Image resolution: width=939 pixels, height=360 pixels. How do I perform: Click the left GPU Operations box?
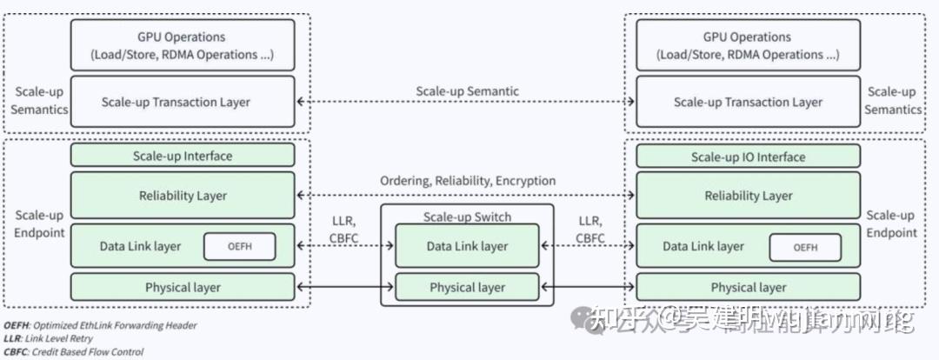[x=182, y=45]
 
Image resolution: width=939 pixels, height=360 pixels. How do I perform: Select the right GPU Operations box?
[x=748, y=45]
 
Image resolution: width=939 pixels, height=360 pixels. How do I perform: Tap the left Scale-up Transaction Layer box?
[x=182, y=102]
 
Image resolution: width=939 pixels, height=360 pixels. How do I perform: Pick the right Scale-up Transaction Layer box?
[x=748, y=102]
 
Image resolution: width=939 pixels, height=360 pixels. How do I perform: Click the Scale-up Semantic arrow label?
[x=467, y=90]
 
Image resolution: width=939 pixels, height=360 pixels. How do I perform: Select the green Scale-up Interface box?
[x=182, y=157]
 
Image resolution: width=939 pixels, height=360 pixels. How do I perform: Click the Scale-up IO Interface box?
[x=748, y=157]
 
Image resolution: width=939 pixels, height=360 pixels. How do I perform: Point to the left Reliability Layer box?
[x=182, y=196]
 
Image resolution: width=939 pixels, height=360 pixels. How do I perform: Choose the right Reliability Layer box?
[x=748, y=196]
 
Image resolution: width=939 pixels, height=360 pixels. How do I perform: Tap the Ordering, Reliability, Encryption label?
[x=467, y=181]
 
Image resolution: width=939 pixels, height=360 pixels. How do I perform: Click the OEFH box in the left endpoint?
[x=239, y=247]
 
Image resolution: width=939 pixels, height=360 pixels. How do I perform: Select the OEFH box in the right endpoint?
[x=805, y=248]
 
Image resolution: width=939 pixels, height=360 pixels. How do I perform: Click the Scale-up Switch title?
[x=467, y=217]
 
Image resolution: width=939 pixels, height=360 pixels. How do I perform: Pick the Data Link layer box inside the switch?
[x=467, y=246]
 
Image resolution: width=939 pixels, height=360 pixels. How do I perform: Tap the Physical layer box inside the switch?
[x=467, y=287]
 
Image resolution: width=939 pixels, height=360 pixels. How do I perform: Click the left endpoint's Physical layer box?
[x=182, y=287]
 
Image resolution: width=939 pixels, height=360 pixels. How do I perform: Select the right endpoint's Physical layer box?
[x=748, y=287]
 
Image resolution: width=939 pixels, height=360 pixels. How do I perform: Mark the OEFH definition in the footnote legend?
[x=100, y=325]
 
